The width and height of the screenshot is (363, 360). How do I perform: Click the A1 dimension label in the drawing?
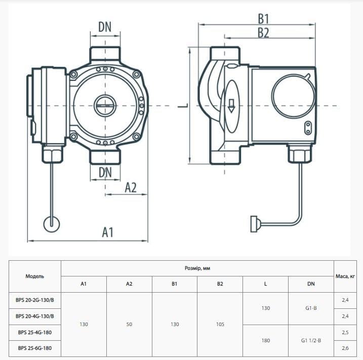point(107,232)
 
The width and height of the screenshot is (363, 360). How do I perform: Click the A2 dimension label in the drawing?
point(131,187)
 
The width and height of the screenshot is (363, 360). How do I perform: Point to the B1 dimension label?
point(263,19)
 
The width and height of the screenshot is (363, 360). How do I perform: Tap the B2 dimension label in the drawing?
point(263,33)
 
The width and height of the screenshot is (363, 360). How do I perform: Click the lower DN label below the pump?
point(105,172)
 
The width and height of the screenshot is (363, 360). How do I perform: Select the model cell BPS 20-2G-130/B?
point(35,300)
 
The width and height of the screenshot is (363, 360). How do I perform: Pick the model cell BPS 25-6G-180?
point(35,348)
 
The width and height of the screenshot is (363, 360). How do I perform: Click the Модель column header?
point(35,276)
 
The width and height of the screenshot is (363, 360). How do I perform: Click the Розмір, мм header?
point(197,268)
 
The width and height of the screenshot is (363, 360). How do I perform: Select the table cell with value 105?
point(220,324)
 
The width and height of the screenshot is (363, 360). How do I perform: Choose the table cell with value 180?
point(265,340)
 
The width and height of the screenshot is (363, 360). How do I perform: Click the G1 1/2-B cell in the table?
point(311,340)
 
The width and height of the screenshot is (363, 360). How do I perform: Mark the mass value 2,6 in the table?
point(346,348)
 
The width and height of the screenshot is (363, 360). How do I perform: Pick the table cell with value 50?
point(129,324)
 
